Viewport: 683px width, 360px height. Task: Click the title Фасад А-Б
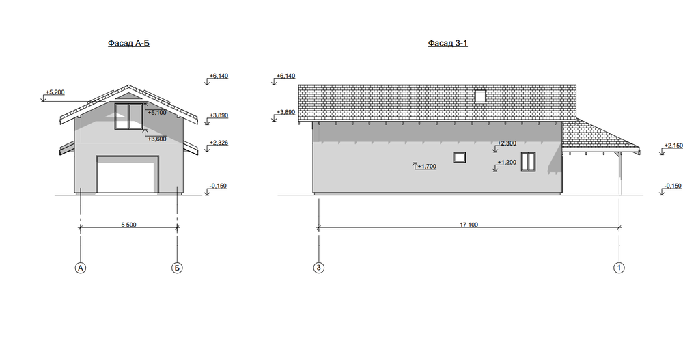[x=128, y=43]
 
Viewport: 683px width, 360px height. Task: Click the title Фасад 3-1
[x=448, y=43]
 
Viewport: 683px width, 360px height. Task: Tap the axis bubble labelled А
[x=80, y=268]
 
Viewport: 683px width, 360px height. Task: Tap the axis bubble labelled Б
[x=177, y=268]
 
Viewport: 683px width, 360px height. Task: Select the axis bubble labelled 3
[x=319, y=268]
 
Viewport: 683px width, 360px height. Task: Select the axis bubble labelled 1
[x=619, y=268]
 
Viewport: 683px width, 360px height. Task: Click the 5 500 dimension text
[x=128, y=225]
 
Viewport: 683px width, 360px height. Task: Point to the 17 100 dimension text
[x=469, y=225]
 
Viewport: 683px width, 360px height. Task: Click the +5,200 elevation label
[x=55, y=92]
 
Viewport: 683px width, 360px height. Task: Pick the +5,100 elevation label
[x=157, y=113]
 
